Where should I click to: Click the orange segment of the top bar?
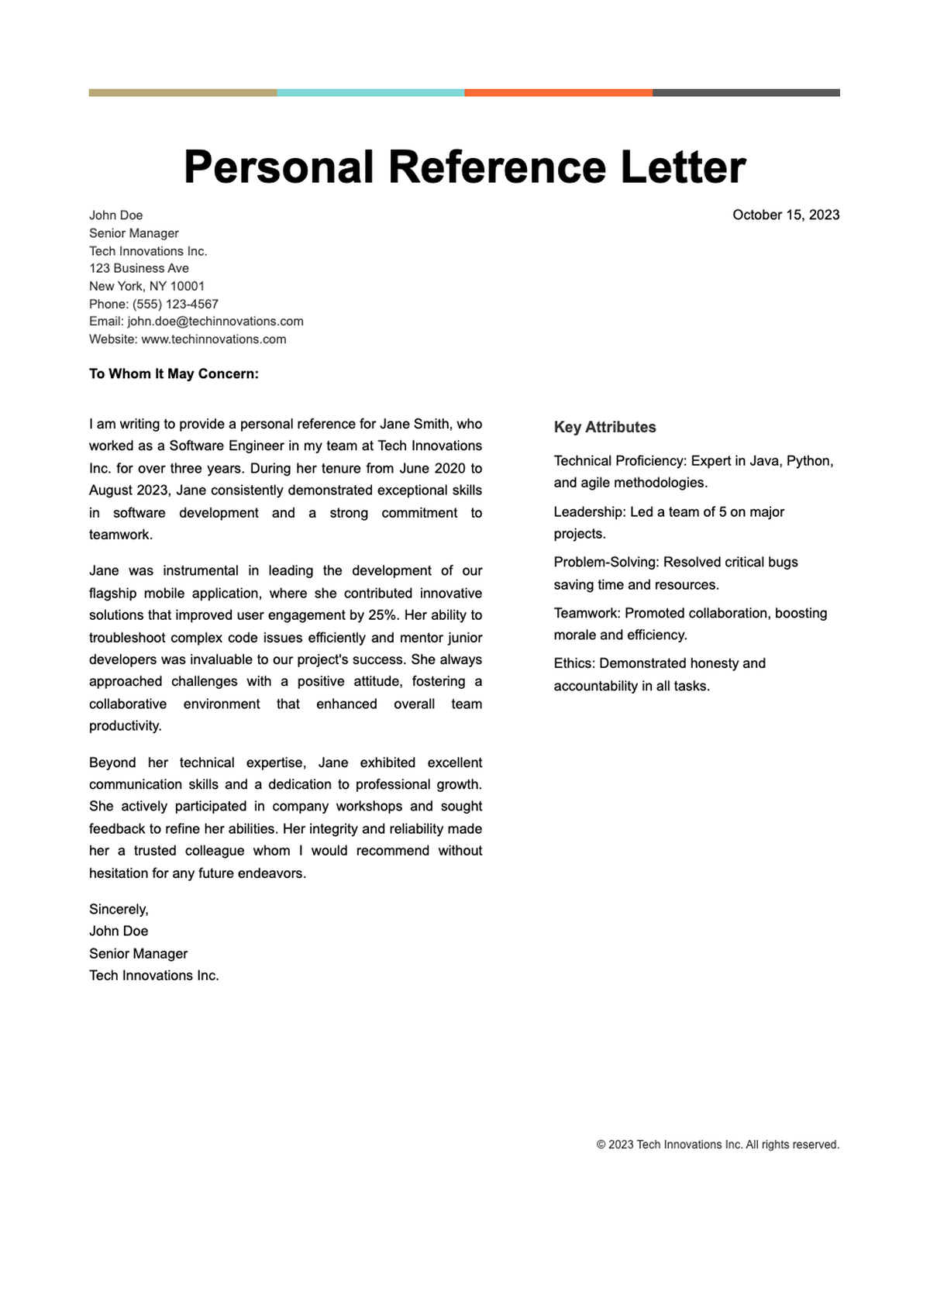coord(558,93)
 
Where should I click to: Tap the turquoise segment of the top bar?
coord(370,93)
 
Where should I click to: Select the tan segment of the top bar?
coord(183,93)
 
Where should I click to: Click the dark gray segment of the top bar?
coord(746,93)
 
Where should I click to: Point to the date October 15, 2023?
coord(785,215)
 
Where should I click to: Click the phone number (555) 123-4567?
coord(175,304)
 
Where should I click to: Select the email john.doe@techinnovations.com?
coord(215,321)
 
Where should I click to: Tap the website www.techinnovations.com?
coord(213,339)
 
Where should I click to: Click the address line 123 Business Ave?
coord(139,268)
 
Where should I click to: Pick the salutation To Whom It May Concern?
coord(174,374)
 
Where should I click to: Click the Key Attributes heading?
coord(604,427)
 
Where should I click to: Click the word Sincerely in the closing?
coord(118,909)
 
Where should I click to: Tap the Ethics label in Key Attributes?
coord(574,663)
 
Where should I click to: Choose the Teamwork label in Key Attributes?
coord(587,613)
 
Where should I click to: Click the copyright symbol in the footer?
coord(601,1145)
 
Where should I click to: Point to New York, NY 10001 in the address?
coord(146,286)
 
